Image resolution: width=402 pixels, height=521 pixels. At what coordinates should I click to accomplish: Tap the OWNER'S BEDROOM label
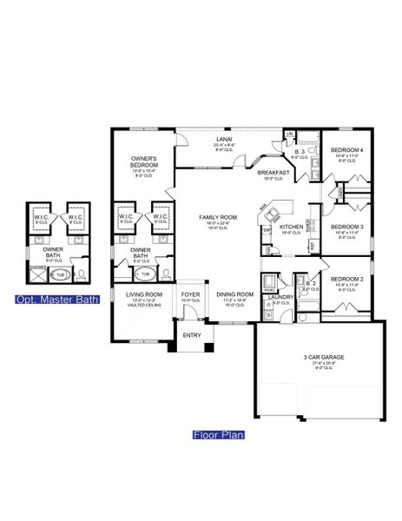coord(144,160)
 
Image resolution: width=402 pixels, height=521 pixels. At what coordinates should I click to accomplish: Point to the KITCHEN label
coord(290,228)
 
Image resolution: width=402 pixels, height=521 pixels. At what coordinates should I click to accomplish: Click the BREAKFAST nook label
coord(273,173)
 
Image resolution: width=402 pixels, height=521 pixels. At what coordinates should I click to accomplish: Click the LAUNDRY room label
coord(280,297)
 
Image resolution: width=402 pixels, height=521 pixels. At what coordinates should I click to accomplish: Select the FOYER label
coord(190,295)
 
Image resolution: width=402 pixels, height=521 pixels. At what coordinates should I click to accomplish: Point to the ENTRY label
coord(190,334)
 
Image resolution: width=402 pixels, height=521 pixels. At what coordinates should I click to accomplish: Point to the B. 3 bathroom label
coord(299,151)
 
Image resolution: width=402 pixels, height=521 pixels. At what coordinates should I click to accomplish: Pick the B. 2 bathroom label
coord(310,282)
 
